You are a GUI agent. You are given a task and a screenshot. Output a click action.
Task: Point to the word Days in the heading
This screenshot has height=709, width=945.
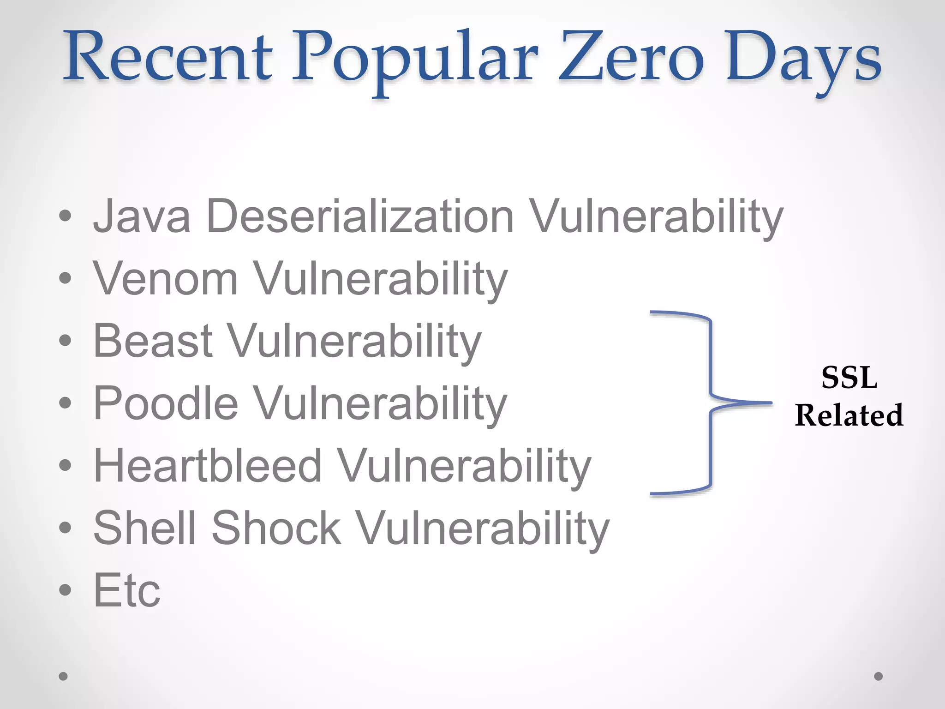803,60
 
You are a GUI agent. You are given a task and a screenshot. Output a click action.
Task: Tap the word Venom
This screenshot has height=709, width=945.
165,279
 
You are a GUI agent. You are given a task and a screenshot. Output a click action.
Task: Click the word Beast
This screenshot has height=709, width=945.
153,341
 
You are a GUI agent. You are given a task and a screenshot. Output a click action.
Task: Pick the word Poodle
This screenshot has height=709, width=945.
166,403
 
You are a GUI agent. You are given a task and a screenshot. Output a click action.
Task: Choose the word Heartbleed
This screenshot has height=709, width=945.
207,466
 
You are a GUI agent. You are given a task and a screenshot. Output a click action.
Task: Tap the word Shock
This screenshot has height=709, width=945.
276,528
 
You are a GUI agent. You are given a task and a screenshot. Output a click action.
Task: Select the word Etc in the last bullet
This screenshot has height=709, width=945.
127,590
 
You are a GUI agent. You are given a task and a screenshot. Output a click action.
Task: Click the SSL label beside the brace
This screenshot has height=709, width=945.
849,378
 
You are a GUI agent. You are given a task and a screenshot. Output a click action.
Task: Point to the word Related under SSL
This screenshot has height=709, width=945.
849,415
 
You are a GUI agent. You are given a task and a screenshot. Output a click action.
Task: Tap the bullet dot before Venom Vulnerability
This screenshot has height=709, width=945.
65,278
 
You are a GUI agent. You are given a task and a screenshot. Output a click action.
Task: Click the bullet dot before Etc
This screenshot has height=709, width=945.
65,590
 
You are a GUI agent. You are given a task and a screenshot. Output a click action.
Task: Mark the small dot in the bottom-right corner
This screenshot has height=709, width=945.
879,676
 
